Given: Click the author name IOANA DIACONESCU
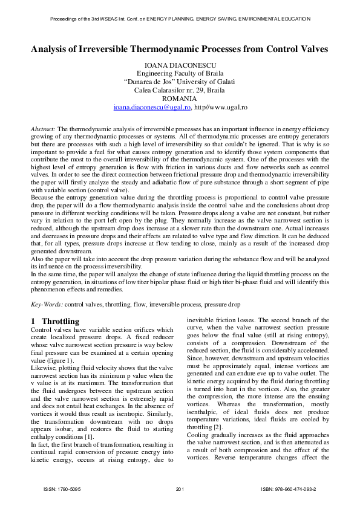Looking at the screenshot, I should tap(180, 65).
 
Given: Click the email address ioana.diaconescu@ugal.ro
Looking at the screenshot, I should tap(152, 107).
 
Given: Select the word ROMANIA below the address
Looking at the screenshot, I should tap(180, 99).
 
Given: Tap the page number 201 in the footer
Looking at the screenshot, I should tap(179, 488).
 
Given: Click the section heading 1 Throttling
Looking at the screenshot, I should tap(54, 320).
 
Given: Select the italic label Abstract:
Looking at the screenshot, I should tap(43, 129).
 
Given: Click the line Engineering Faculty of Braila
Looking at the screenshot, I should tap(180, 73).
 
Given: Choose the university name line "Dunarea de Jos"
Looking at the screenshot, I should tap(180, 82).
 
